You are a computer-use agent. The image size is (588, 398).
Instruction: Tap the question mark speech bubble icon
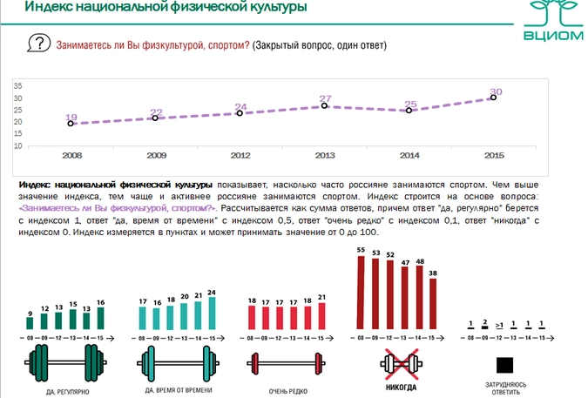[37, 44]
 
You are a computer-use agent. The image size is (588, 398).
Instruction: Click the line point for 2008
[71, 124]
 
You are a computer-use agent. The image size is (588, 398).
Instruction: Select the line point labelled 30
[494, 98]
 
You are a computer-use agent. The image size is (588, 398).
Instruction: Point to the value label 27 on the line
[325, 98]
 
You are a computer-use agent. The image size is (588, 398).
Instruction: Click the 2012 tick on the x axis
[240, 154]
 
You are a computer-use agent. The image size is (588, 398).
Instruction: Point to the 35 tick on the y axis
[17, 85]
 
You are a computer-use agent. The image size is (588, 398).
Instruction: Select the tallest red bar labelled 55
[361, 293]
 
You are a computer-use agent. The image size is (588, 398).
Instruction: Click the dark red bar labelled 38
[433, 304]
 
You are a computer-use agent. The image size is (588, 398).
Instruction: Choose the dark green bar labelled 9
[30, 323]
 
